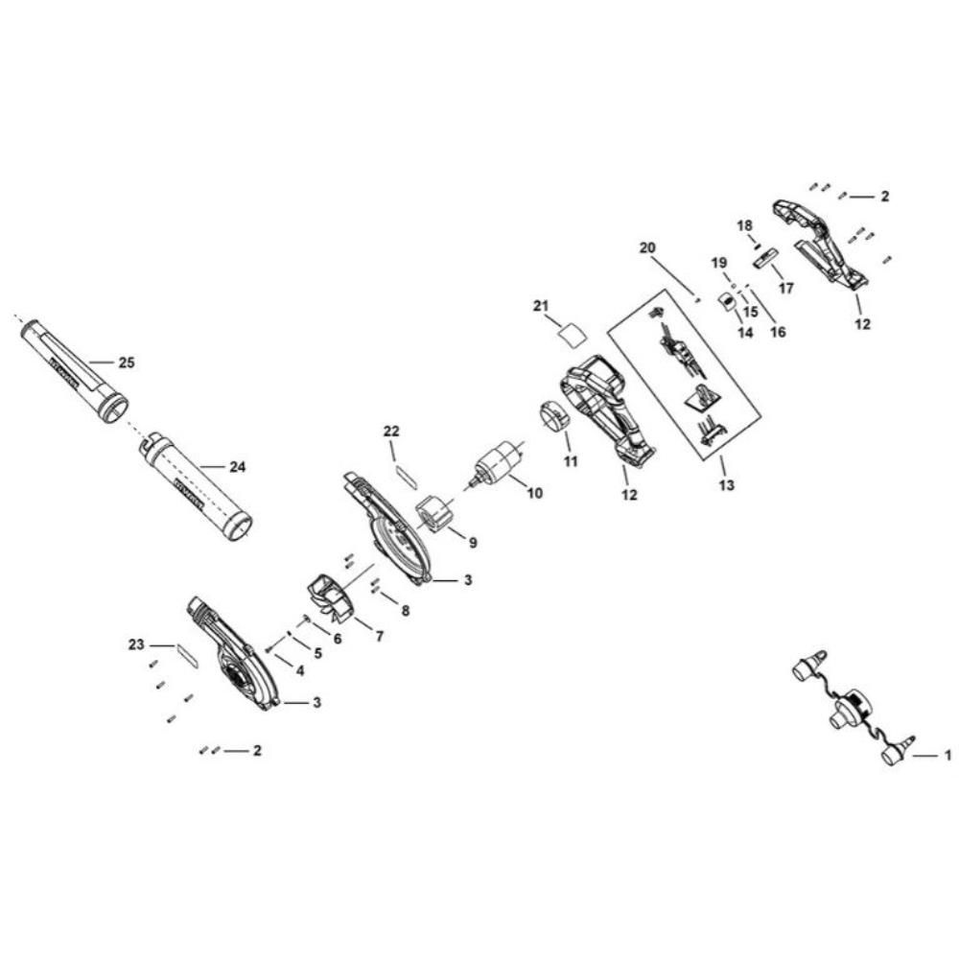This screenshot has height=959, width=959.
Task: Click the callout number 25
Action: point(127,363)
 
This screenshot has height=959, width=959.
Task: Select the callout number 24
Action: point(238,466)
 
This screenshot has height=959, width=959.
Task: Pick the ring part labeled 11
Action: point(552,418)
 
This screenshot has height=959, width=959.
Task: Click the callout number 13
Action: point(726,485)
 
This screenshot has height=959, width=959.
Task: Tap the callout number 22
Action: point(391,432)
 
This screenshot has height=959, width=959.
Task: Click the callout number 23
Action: point(136,644)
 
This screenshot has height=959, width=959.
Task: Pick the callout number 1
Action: point(948,757)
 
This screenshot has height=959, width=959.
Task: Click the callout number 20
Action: point(647,246)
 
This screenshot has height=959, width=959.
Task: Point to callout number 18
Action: point(745,224)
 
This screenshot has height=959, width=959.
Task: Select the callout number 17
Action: point(786,287)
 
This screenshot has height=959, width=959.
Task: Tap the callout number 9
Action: point(472,542)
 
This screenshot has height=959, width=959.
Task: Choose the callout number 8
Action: point(406,610)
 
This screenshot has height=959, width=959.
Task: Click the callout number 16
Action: point(777,332)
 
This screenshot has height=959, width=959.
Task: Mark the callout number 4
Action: point(299,670)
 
